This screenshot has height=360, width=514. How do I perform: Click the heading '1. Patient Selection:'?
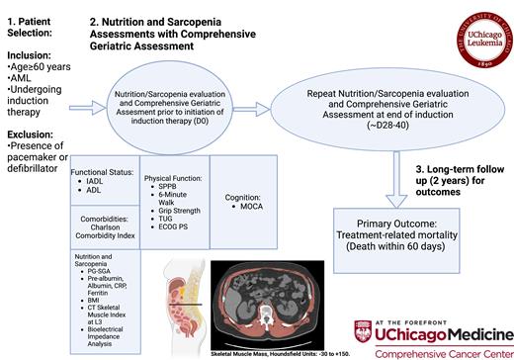click(36, 19)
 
